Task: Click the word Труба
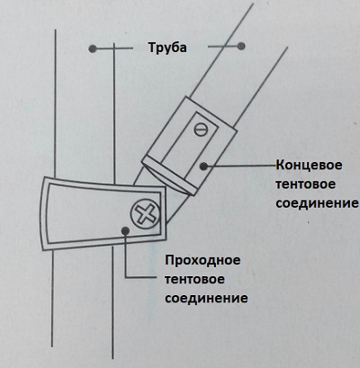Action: coord(167,48)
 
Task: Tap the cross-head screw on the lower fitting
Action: coord(145,213)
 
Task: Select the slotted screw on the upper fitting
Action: coord(201,130)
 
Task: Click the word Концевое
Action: coord(309,166)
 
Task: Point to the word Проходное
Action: coord(202,260)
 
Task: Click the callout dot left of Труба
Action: coord(93,49)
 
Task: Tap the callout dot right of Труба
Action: coord(241,46)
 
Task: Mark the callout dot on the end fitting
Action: coord(203,166)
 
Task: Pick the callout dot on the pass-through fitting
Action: coord(125,230)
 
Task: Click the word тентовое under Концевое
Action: coord(305,184)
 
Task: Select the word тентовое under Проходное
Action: coord(194,280)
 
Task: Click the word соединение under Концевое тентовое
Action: coord(317,203)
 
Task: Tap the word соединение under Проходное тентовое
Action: coord(206,299)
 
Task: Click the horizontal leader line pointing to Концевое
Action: coord(241,166)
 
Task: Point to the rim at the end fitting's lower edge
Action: coord(169,177)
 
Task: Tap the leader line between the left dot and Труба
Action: coord(114,49)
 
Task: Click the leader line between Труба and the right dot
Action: coord(222,47)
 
